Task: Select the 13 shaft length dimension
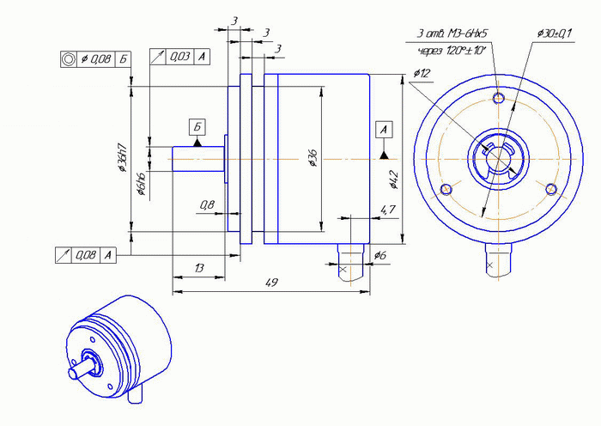[199, 269]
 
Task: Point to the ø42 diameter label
[394, 179]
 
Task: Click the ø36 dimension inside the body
[313, 157]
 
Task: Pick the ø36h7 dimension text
[122, 159]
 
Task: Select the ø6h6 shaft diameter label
[141, 185]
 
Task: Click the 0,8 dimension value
[207, 204]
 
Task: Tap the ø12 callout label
[422, 73]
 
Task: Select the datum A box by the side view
[384, 130]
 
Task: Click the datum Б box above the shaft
[197, 127]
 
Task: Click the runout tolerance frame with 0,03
[179, 57]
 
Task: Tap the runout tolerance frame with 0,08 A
[84, 255]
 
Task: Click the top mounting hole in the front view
[500, 94]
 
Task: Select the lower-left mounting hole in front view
[445, 189]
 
